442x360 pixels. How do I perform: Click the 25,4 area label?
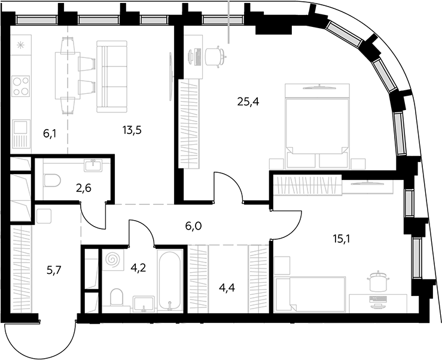(x=248, y=102)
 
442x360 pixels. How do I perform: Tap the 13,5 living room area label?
(x=132, y=130)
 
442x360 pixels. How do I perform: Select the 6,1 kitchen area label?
(x=50, y=133)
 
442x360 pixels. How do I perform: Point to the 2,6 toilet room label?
(x=84, y=188)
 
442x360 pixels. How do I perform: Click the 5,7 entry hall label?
(x=54, y=270)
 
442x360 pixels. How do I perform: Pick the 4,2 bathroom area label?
(x=138, y=267)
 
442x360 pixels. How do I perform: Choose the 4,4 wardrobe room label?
(x=227, y=288)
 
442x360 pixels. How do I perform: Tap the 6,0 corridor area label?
(x=193, y=226)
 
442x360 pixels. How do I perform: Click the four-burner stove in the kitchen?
(x=21, y=86)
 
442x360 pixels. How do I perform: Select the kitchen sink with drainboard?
(x=21, y=134)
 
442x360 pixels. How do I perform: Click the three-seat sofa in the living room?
(x=112, y=77)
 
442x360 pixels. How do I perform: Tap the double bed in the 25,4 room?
(x=317, y=126)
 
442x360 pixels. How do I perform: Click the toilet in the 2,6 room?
(x=52, y=181)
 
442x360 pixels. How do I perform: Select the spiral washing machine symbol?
(x=112, y=260)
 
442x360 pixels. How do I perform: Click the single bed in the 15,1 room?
(x=310, y=295)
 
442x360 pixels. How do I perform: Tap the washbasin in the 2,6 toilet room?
(x=93, y=165)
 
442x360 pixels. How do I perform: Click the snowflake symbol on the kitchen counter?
(x=20, y=45)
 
